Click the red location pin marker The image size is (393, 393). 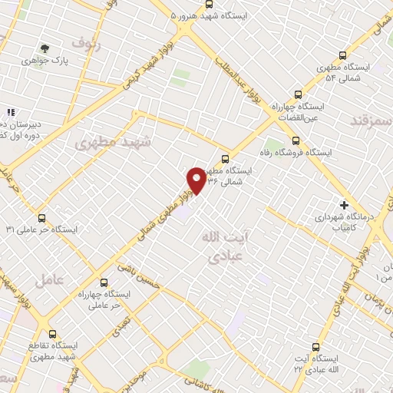point(196,180)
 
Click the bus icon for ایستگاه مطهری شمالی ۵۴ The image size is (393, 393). point(342,54)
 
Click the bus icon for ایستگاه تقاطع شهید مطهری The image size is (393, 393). point(53,334)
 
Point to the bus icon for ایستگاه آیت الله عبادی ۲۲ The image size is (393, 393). point(314,347)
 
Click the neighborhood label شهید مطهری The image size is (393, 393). point(114,143)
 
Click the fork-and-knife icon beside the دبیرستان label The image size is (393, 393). point(11,113)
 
